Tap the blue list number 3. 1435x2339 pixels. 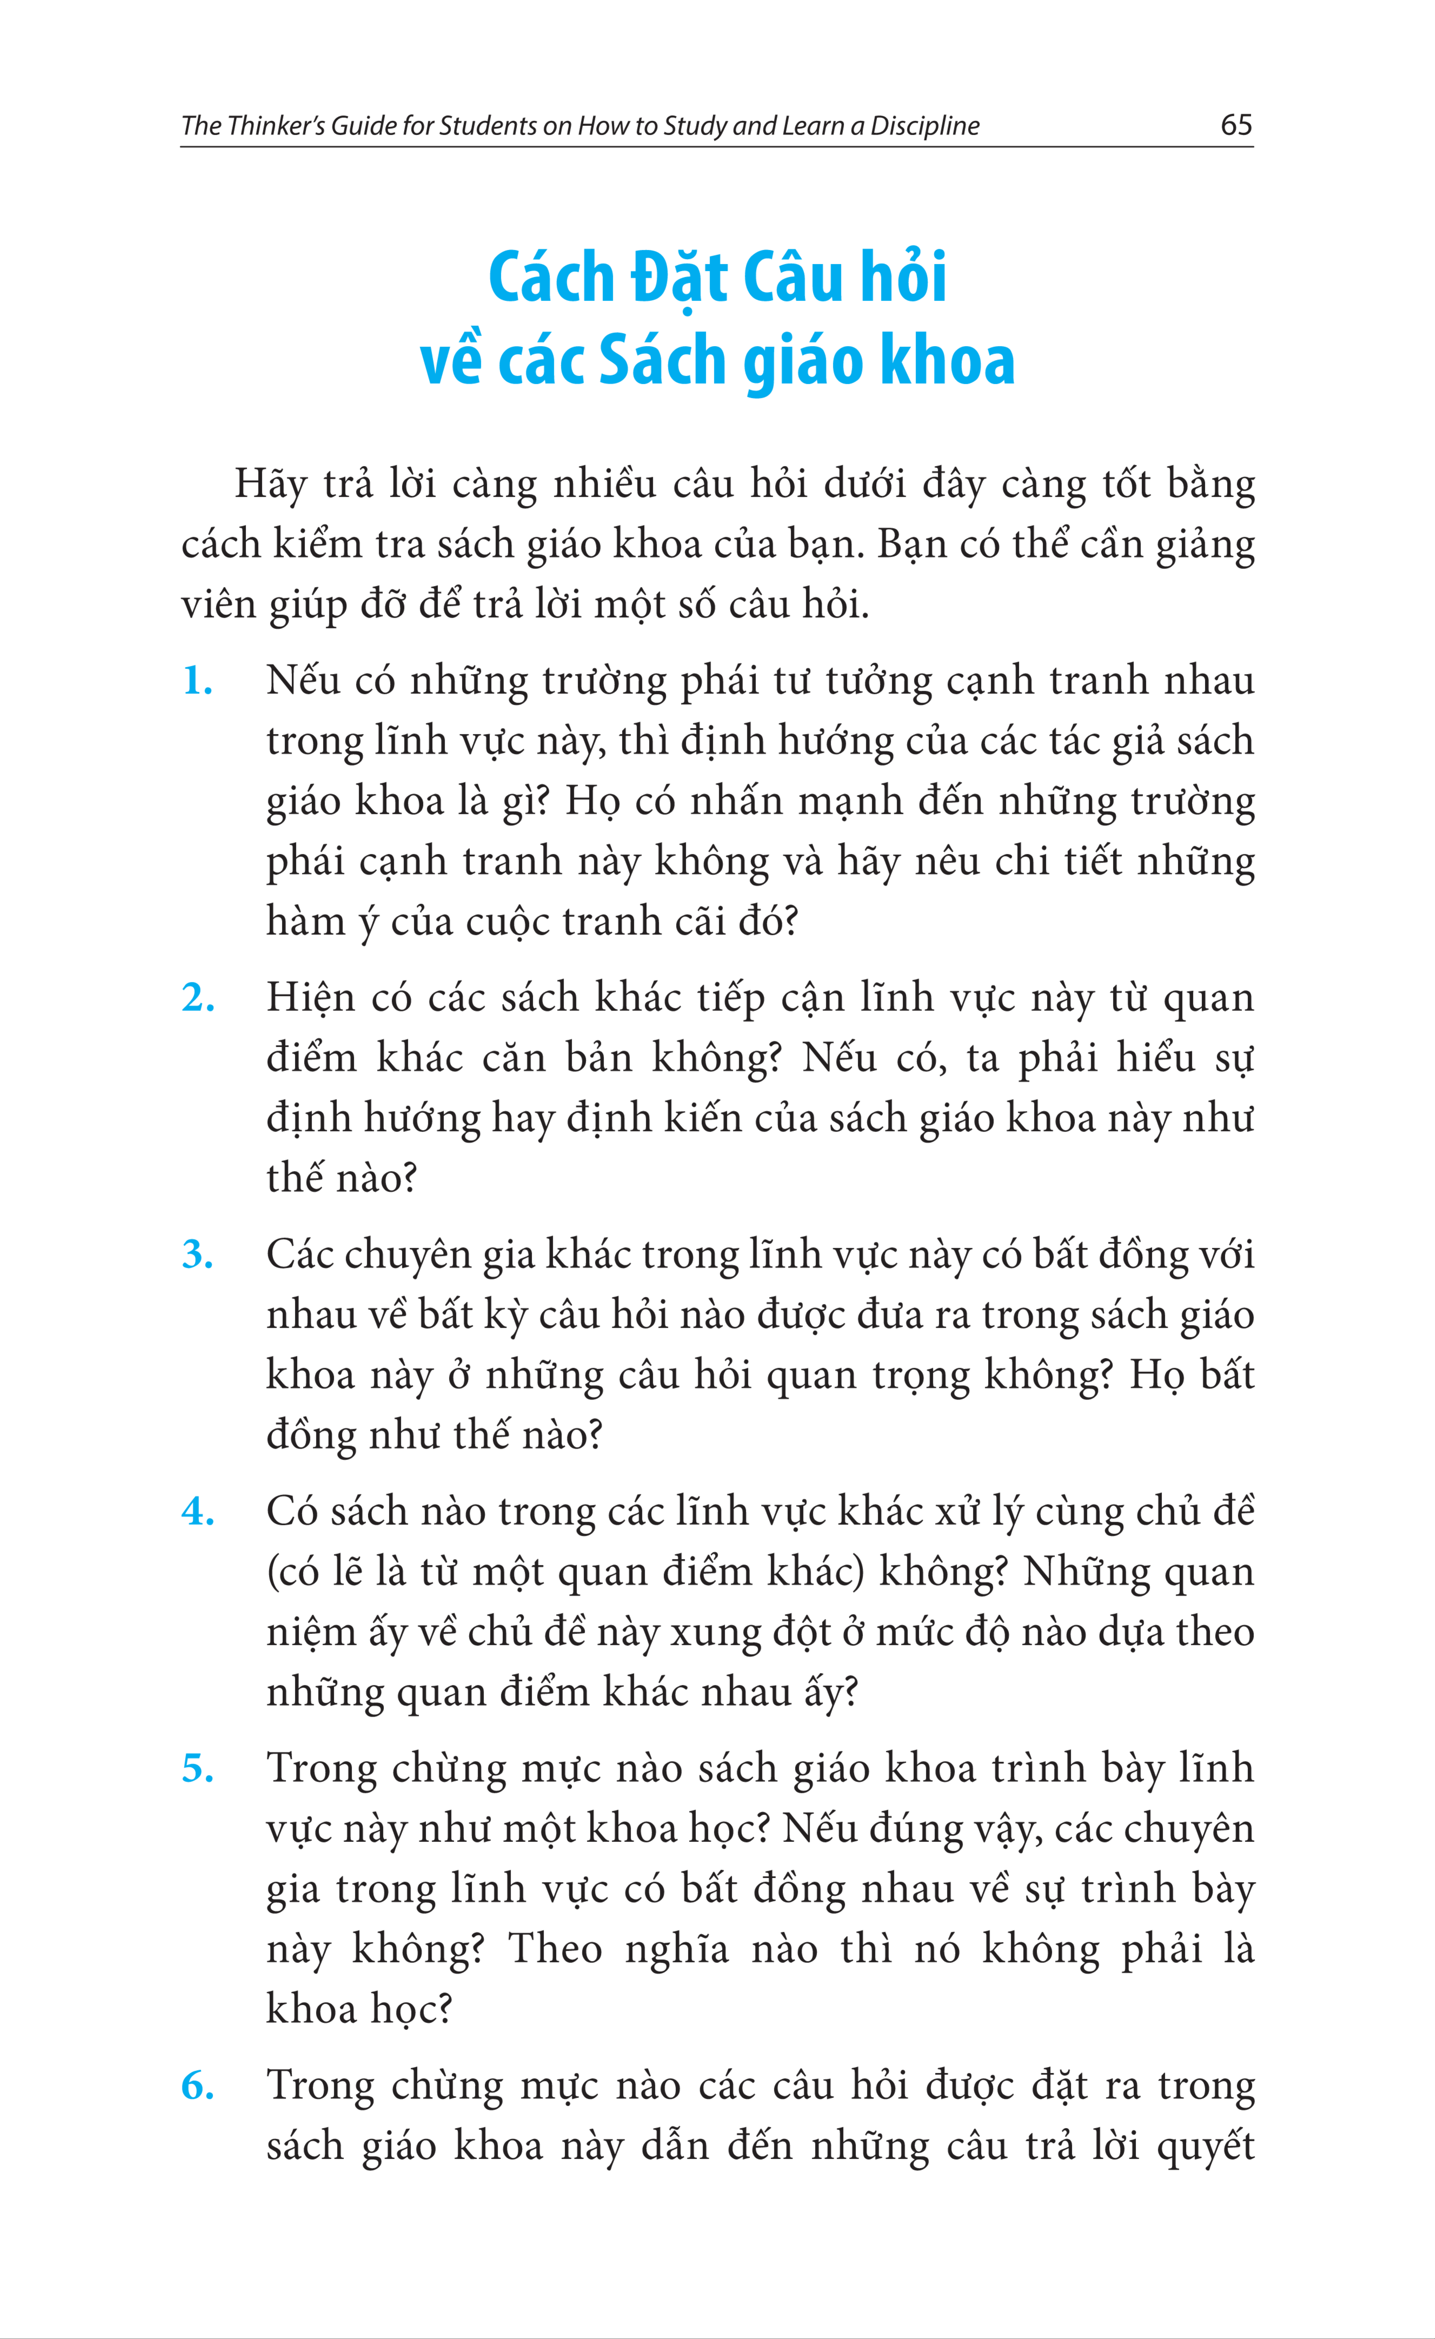point(198,1255)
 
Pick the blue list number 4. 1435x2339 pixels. point(198,1512)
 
